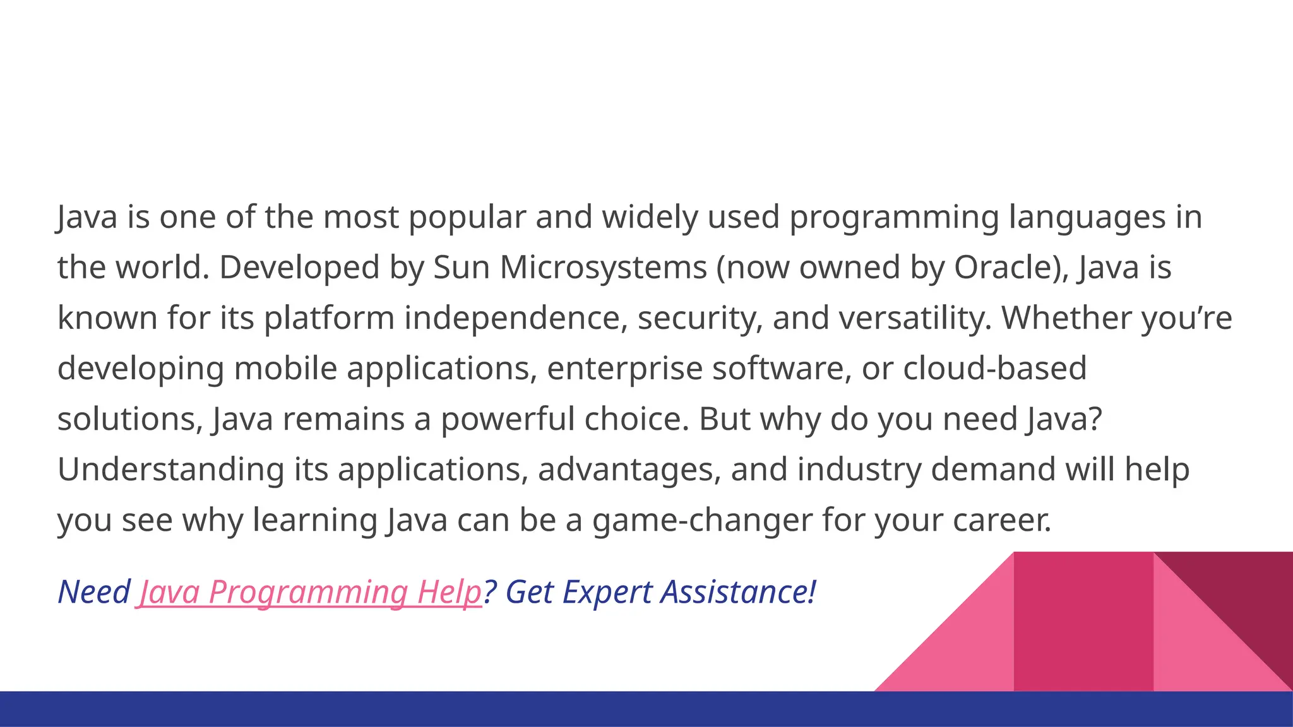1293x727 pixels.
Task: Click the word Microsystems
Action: coord(603,268)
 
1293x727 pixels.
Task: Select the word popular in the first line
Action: coord(467,218)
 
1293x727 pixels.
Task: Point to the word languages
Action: coord(1087,218)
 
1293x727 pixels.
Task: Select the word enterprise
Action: coord(624,369)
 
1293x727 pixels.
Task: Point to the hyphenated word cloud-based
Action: coord(994,369)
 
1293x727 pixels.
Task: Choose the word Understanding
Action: coord(170,470)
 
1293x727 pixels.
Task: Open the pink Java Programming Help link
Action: coord(309,593)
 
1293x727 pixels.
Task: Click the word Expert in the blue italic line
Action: coord(607,593)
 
